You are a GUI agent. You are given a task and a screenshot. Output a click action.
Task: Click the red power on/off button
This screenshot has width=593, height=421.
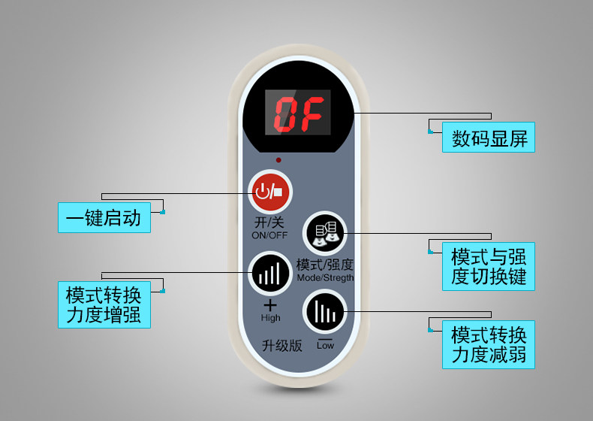coord(269,191)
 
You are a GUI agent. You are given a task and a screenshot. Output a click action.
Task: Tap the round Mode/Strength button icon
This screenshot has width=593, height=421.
coord(324,233)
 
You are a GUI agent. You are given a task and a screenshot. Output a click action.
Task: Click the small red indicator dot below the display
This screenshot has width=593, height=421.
coord(278,160)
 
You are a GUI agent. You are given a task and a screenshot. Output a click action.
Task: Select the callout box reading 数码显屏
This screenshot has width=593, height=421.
coord(489,138)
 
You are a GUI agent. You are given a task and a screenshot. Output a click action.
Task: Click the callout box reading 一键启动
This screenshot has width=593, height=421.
coord(104,217)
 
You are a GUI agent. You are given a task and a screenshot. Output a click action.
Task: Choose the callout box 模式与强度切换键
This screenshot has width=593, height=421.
coord(489,266)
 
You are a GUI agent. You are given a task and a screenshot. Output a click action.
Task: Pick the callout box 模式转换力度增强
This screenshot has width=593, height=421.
coord(104,304)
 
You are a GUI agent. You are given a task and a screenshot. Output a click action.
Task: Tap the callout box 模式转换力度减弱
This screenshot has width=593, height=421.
coord(489,344)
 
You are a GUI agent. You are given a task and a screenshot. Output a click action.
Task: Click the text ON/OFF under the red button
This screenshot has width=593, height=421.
coord(269,235)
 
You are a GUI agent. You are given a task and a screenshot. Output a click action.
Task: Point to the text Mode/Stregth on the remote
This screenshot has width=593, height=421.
coord(325,277)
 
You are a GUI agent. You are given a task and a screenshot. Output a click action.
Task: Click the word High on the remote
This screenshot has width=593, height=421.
coord(270,318)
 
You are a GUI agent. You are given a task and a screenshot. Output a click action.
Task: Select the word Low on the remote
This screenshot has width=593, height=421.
coord(325,345)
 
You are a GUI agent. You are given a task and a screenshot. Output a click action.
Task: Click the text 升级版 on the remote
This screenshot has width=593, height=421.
coord(281,345)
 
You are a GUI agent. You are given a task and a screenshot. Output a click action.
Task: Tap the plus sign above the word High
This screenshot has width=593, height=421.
coord(270,305)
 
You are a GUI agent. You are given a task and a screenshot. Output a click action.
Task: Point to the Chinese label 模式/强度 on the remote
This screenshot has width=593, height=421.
coord(325,265)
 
